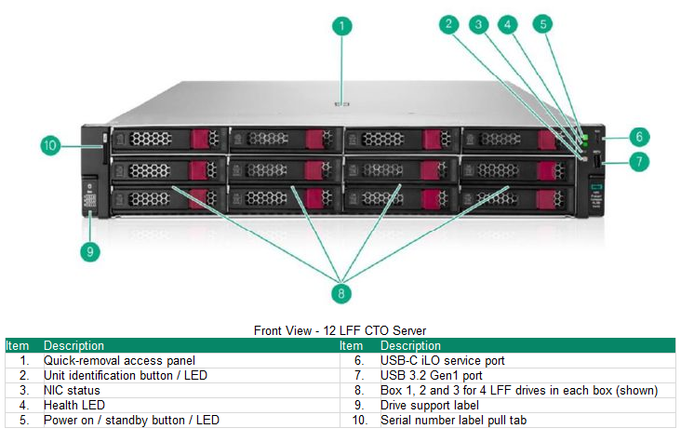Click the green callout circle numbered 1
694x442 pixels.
pos(342,26)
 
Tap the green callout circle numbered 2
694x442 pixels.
pos(449,24)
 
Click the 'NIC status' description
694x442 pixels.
pos(72,390)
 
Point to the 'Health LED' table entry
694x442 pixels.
pos(74,405)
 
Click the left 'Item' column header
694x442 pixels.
pos(17,345)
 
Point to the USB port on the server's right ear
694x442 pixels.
pos(595,168)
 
